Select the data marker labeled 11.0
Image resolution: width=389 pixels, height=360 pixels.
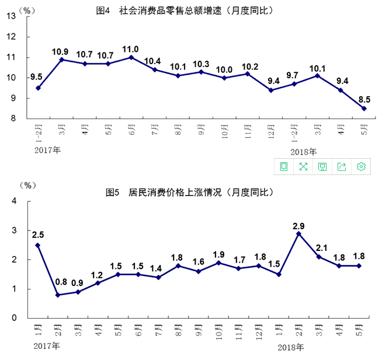(x=131, y=57)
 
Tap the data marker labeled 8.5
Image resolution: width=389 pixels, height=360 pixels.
(x=364, y=108)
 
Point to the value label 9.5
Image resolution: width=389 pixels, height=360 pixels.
(x=36, y=77)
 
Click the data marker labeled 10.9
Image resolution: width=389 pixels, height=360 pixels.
(x=61, y=60)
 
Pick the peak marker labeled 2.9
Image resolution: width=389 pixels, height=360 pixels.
(x=299, y=233)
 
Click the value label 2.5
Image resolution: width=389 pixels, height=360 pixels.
(x=38, y=235)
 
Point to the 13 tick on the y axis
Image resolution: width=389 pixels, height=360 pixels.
(x=11, y=16)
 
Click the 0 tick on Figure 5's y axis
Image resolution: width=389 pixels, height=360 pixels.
(x=12, y=319)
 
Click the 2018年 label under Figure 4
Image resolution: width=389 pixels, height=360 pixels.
(x=304, y=151)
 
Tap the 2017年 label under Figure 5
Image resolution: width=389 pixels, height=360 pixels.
(x=47, y=347)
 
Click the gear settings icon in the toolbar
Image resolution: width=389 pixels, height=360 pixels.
(x=362, y=167)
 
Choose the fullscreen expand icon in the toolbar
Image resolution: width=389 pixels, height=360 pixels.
(x=303, y=167)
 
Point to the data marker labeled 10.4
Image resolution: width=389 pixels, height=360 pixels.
(x=155, y=69)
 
